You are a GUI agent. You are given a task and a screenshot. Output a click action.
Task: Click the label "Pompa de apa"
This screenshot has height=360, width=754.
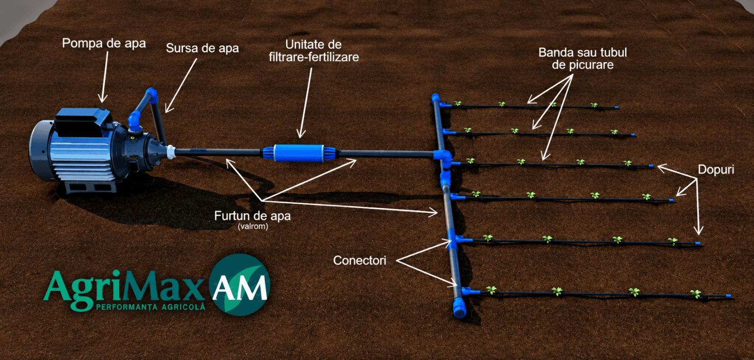click(x=104, y=43)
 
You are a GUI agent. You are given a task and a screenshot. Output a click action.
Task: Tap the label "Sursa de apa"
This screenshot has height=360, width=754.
click(x=202, y=48)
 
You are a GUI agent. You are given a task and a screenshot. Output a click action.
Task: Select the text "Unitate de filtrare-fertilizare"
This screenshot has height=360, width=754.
click(x=314, y=51)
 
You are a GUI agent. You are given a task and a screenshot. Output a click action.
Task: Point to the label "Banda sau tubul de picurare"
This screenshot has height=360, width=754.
click(x=582, y=59)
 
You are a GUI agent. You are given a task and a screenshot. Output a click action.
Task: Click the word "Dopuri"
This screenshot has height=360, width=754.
click(x=716, y=169)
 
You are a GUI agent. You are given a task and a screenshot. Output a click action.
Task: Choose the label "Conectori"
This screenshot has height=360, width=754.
click(x=359, y=260)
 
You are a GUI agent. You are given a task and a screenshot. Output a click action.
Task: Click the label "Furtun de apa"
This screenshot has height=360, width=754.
click(x=253, y=216)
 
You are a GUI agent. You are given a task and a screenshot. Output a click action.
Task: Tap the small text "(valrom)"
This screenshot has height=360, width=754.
click(x=253, y=226)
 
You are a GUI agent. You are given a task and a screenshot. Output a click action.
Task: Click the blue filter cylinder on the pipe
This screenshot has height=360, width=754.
click(x=299, y=153)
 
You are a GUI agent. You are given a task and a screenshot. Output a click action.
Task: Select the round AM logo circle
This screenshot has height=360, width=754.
click(x=240, y=284)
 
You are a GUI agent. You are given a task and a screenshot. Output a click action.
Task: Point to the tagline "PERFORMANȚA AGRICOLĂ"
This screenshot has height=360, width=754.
click(x=151, y=307)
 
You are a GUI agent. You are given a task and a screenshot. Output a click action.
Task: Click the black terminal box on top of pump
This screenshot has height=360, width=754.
click(x=82, y=121)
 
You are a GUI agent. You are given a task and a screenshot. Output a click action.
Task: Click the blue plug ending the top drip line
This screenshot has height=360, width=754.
click(x=617, y=107)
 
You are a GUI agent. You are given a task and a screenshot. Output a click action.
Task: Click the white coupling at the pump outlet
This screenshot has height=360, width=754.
click(x=171, y=152)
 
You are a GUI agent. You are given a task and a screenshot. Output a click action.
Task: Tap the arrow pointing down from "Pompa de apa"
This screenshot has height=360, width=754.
click(x=105, y=77)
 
